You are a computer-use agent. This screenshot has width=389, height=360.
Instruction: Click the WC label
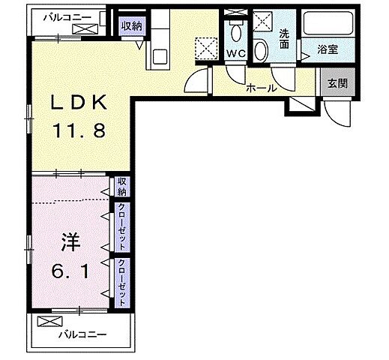[x=235, y=54]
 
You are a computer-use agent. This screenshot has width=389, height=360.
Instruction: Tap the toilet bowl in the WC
[x=235, y=31]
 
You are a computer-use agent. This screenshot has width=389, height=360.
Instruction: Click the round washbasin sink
[x=260, y=50]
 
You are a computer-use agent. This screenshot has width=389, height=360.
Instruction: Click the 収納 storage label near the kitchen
[x=132, y=25]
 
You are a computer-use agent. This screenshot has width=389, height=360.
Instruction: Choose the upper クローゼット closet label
[x=121, y=226]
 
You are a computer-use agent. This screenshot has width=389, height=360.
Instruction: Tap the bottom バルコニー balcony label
[x=84, y=334]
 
